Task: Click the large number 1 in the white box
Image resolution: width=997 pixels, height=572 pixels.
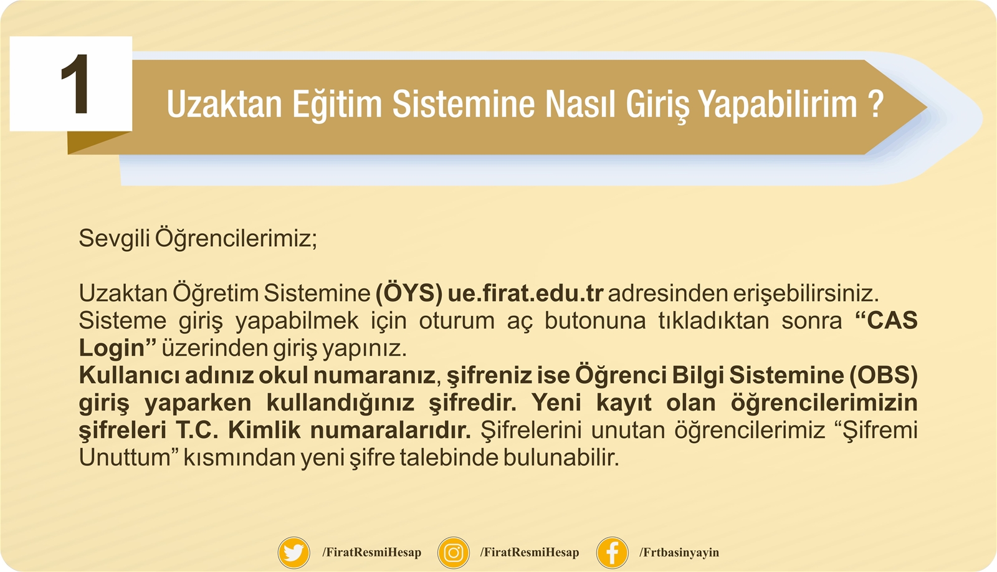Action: [x=75, y=83]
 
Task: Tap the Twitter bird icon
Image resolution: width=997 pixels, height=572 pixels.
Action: [x=293, y=553]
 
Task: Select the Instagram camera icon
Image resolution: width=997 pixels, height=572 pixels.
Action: [x=454, y=553]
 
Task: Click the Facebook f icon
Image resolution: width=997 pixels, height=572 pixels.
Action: [x=613, y=553]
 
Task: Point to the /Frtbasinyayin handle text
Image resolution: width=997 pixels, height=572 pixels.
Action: [x=679, y=553]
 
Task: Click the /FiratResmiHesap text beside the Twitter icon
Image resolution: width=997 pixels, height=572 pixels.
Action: [x=371, y=553]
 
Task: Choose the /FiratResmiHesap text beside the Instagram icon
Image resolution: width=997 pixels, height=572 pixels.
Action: [x=530, y=553]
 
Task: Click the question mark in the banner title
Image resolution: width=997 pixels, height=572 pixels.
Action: [x=875, y=103]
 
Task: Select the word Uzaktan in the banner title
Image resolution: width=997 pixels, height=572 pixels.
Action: [x=224, y=103]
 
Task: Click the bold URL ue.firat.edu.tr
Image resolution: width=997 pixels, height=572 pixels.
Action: [x=526, y=293]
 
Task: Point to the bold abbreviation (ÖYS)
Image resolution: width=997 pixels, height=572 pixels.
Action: [x=409, y=292]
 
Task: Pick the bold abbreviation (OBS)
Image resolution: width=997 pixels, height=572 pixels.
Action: [x=884, y=375]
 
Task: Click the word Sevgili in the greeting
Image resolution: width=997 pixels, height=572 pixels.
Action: [x=114, y=239]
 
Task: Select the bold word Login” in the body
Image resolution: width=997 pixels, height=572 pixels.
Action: [x=118, y=348]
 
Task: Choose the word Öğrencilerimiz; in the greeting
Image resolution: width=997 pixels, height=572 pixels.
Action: [x=236, y=238]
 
